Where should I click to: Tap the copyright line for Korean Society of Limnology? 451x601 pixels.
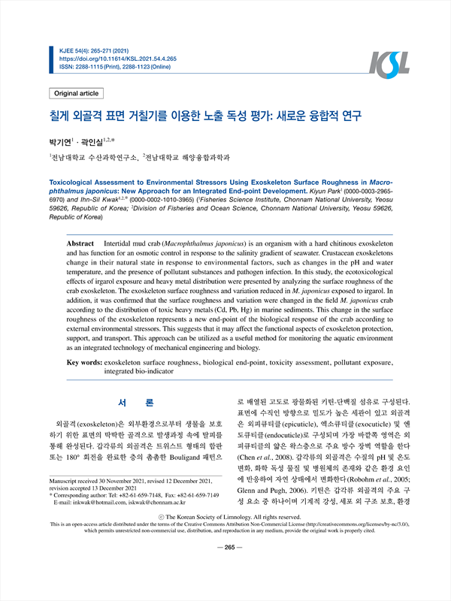pyautogui.click(x=225, y=545)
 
